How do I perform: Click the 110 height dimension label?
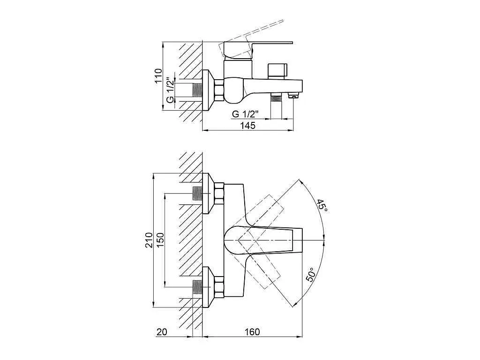coord(158,75)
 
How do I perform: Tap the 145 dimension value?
coord(247,126)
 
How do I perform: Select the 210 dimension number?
coord(149,240)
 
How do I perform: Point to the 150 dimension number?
coord(161,240)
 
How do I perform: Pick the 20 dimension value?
coord(162,332)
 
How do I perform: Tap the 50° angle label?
coord(310,275)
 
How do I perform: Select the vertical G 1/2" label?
coord(170,90)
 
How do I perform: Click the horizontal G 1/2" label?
coord(246,114)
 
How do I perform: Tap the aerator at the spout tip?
coord(293,96)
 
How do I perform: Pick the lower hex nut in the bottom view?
coord(219,287)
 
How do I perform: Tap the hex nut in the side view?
coord(219,90)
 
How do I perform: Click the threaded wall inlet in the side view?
coord(197,90)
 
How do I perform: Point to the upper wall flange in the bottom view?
coord(208,194)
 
